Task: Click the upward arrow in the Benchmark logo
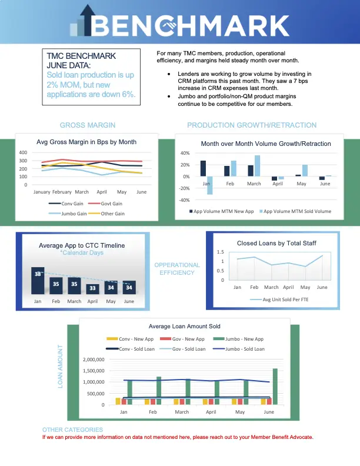coord(88,20)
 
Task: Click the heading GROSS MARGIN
coord(88,125)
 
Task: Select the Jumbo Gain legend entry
coord(68,214)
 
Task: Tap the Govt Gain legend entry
coord(105,204)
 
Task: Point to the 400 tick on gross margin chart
coord(23,152)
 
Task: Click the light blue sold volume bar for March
coord(257,166)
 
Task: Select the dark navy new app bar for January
coord(203,168)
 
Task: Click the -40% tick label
coord(184,200)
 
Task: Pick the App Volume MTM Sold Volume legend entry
coord(295,211)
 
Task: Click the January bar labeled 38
coord(38,281)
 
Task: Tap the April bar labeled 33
coord(93,289)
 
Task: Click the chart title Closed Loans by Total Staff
coord(276,243)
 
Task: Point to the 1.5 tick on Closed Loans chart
coord(221,252)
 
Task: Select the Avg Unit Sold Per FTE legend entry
coord(279,299)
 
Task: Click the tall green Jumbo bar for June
coord(275,387)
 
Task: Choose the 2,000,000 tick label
coord(94,360)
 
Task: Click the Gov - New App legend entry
coord(182,339)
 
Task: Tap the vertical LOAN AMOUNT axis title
coord(61,367)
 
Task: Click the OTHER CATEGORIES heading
coord(72,430)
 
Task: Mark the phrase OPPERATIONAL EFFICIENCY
coord(177,269)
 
